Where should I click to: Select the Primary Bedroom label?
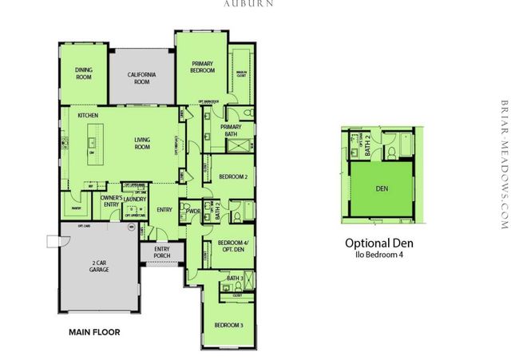coord(203,67)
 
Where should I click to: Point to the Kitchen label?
coord(88,117)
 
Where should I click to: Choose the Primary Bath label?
coord(231,130)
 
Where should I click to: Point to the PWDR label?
coord(192,211)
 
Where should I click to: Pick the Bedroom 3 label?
coord(228,324)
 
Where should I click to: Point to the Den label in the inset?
coord(404,189)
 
